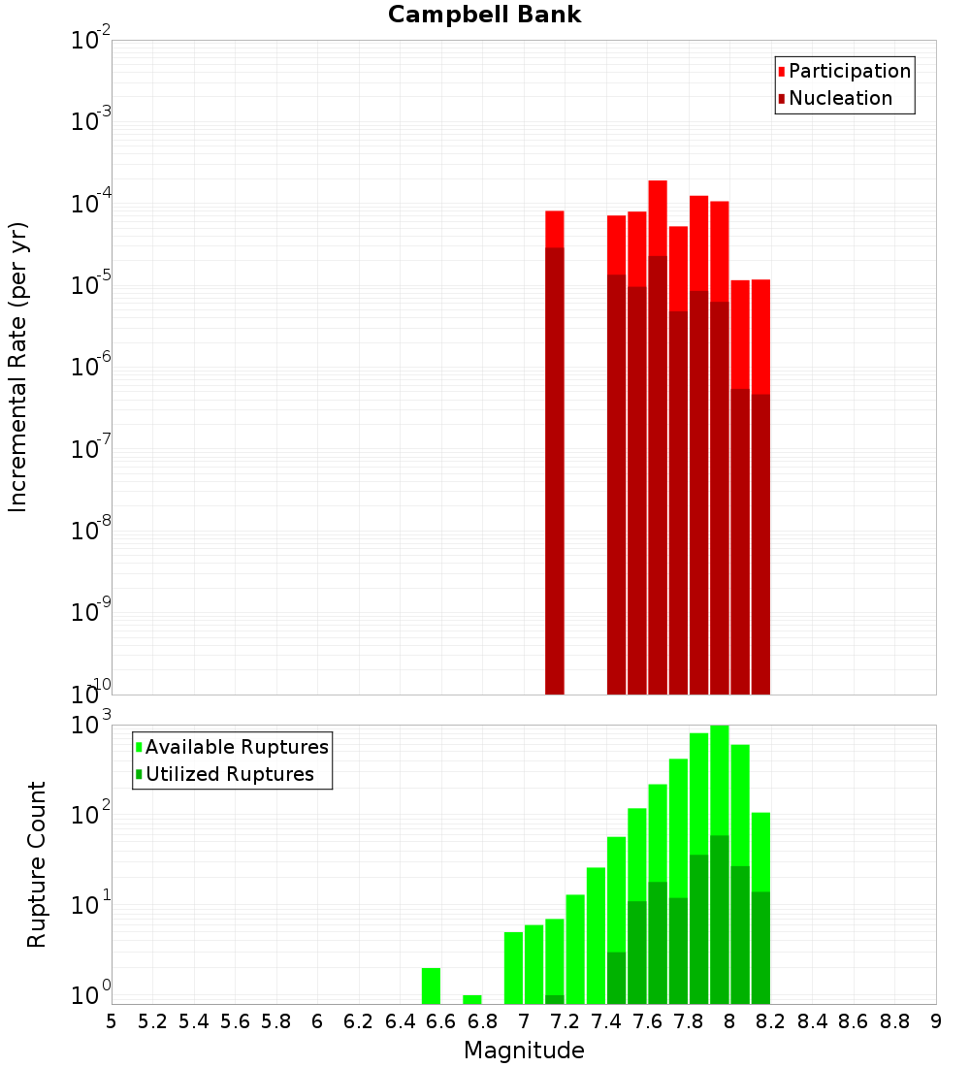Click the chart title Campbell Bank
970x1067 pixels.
484,15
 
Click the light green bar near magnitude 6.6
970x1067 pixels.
431,986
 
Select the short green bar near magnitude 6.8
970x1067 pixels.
472,999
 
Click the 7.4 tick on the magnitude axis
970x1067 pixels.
607,1021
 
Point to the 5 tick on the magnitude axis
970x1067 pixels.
112,1021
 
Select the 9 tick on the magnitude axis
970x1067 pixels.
936,1021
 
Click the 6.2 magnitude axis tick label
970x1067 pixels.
359,1021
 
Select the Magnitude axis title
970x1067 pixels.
524,1051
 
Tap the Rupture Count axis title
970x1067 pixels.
37,863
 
